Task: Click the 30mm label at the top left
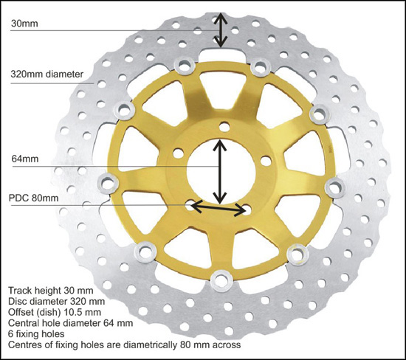click(24, 24)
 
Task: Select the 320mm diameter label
click(47, 75)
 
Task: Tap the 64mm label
click(25, 159)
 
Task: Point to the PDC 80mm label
click(33, 198)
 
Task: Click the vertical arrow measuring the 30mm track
click(220, 30)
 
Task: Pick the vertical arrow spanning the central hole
click(220, 172)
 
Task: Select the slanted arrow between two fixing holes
click(219, 208)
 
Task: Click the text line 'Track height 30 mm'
click(51, 291)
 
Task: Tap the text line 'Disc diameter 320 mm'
click(56, 302)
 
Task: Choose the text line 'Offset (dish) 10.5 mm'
click(55, 312)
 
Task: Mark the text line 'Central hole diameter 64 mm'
click(70, 323)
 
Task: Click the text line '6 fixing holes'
click(36, 334)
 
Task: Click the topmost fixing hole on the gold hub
click(224, 128)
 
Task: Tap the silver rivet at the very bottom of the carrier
click(221, 281)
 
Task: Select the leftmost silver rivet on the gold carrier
click(108, 184)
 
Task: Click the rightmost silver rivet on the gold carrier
click(335, 188)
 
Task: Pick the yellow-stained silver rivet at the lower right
click(298, 255)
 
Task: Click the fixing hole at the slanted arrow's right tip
click(247, 210)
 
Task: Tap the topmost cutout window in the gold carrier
click(222, 90)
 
